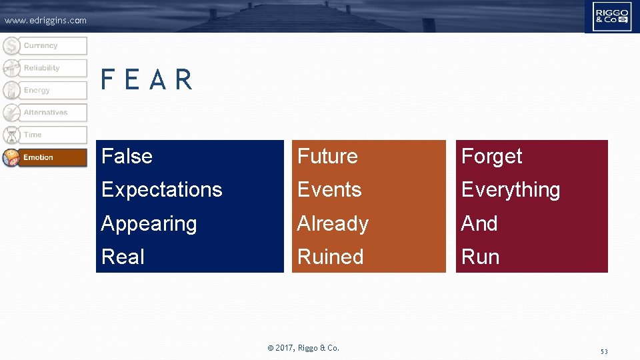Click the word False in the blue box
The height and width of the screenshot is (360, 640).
[127, 157]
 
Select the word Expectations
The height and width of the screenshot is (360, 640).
[161, 190]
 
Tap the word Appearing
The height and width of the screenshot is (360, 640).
[149, 224]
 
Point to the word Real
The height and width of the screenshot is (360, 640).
[123, 257]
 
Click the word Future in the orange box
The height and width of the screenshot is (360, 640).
[327, 157]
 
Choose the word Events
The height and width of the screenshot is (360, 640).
[329, 190]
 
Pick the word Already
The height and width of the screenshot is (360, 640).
[333, 224]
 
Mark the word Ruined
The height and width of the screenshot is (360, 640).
[330, 257]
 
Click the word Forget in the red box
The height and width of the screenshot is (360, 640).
[491, 157]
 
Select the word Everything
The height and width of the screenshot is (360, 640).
[510, 190]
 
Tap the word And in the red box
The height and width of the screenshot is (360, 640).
[479, 224]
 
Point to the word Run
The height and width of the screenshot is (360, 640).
[480, 257]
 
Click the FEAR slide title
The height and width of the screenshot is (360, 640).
[147, 81]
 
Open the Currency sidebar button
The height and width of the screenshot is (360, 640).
[45, 46]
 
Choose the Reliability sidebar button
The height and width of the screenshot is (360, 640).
[45, 68]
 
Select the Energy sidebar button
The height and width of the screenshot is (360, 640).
[45, 91]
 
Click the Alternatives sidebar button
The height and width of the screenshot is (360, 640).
[45, 113]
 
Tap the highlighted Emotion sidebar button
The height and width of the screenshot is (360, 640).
[45, 157]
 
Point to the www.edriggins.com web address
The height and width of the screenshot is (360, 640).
[45, 21]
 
